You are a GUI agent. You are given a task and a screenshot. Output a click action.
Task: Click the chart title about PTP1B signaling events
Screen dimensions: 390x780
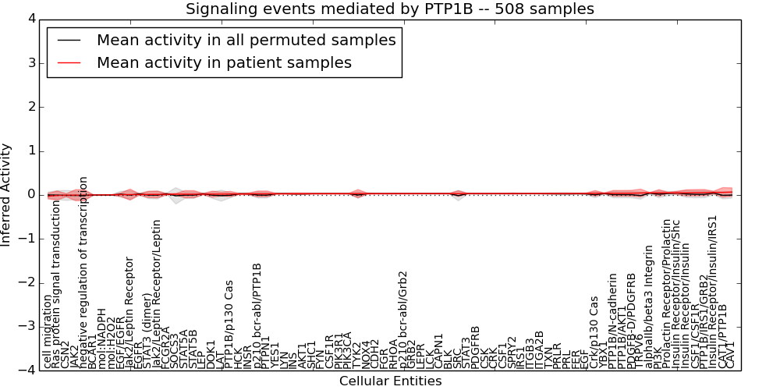(x=389, y=9)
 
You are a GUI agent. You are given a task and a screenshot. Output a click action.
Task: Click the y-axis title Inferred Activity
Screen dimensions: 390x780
(x=7, y=195)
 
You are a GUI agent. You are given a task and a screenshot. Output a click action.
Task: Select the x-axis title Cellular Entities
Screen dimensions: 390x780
(x=390, y=381)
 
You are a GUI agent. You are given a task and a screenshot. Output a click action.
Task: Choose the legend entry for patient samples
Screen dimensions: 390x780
(x=224, y=62)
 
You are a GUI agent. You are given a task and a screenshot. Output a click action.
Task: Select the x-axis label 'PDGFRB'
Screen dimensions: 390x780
(x=474, y=346)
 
